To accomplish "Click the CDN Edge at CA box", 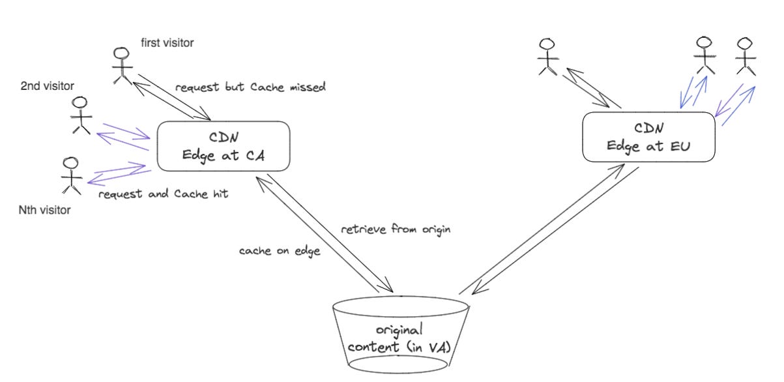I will click(x=220, y=146).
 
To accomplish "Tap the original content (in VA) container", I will click(x=400, y=335).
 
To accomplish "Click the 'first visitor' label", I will click(x=167, y=43).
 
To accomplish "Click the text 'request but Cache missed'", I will click(x=250, y=87).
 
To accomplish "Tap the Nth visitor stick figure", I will click(x=70, y=175).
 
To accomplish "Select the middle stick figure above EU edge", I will click(x=703, y=55).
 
